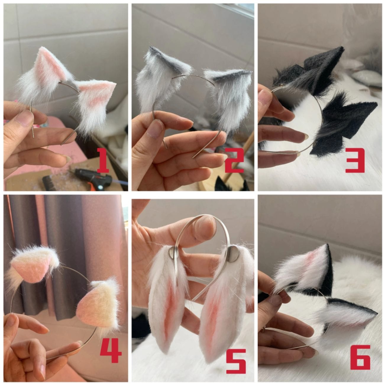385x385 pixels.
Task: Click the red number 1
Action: pyautogui.click(x=103, y=160)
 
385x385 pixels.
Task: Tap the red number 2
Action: pyautogui.click(x=234, y=160)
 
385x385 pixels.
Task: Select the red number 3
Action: pyautogui.click(x=355, y=160)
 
